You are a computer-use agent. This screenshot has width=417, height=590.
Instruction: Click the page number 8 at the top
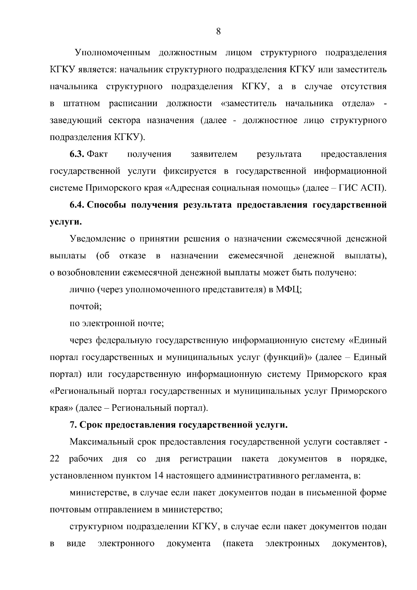218,32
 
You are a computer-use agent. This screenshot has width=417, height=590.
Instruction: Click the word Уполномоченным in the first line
113,53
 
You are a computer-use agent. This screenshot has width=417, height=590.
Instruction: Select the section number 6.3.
77,154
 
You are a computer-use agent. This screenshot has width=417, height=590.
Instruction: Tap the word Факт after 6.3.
97,154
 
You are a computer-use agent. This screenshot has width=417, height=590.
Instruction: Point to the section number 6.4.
77,205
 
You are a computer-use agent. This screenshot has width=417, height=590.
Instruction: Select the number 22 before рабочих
55,459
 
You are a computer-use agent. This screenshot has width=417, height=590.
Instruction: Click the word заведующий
76,121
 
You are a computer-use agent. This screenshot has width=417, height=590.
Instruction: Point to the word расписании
133,104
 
